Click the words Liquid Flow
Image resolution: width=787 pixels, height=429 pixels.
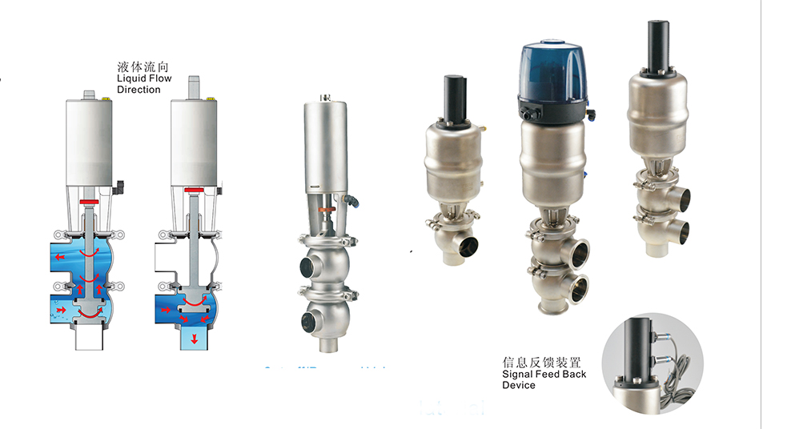point(144,79)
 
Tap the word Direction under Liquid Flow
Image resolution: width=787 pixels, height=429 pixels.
point(139,90)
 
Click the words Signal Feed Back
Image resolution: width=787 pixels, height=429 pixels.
point(544,374)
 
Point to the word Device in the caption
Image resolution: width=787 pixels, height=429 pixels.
point(519,385)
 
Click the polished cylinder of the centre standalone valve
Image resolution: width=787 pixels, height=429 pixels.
point(325,147)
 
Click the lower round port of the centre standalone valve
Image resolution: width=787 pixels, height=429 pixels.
point(310,323)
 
